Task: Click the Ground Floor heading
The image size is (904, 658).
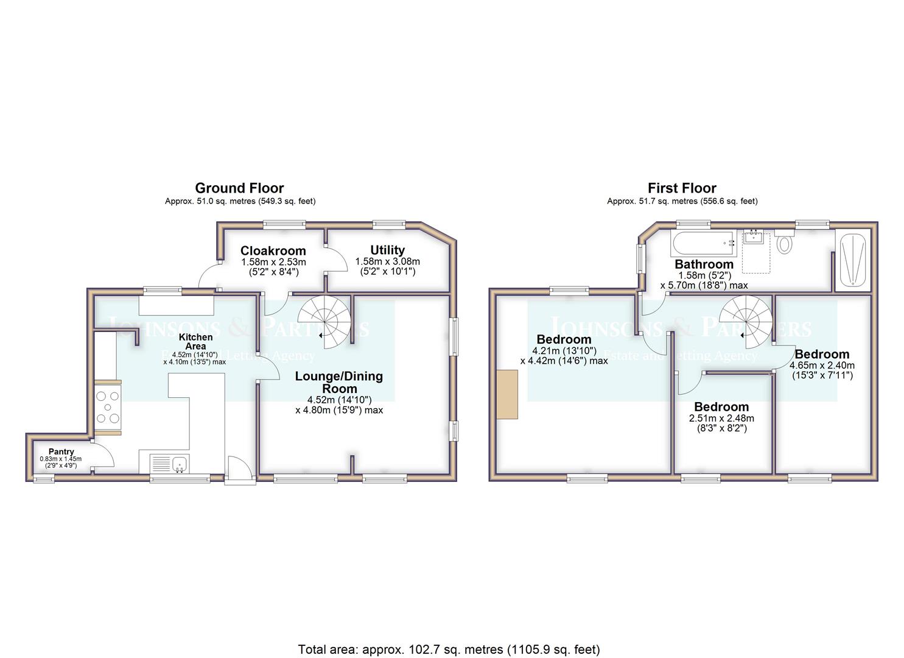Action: [239, 188]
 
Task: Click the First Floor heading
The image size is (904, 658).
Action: [682, 188]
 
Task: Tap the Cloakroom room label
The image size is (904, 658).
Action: [273, 251]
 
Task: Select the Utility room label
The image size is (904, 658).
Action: [387, 250]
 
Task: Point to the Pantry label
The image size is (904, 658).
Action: [61, 451]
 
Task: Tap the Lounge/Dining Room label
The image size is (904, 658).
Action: [339, 382]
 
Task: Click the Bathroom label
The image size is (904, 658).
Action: [704, 264]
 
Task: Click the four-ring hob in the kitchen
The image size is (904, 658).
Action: [108, 406]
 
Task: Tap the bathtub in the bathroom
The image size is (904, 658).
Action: [703, 242]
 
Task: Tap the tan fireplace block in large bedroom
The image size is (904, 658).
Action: [506, 394]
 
